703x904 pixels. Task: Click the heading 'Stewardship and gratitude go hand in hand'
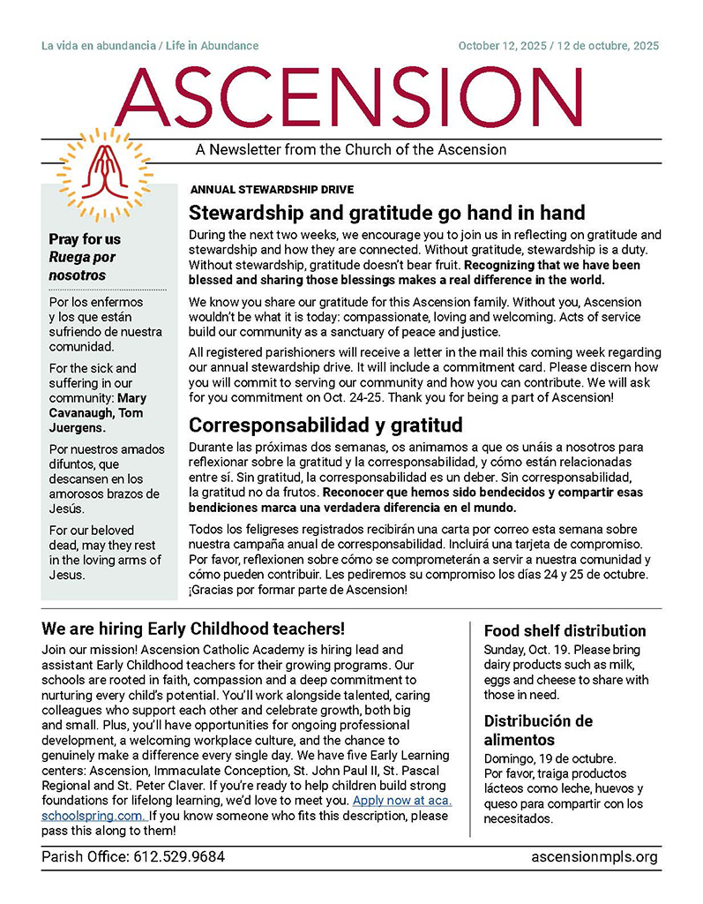pyautogui.click(x=387, y=213)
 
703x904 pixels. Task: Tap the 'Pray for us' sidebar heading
pyautogui.click(x=85, y=239)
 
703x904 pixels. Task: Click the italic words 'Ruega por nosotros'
pyautogui.click(x=82, y=266)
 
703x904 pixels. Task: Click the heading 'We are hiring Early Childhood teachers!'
pyautogui.click(x=193, y=629)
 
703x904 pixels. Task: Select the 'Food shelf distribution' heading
pyautogui.click(x=565, y=630)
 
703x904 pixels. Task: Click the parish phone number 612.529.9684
pyautogui.click(x=172, y=857)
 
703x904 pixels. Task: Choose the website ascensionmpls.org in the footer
pyautogui.click(x=595, y=857)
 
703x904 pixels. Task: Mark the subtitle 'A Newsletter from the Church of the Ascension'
pyautogui.click(x=351, y=149)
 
